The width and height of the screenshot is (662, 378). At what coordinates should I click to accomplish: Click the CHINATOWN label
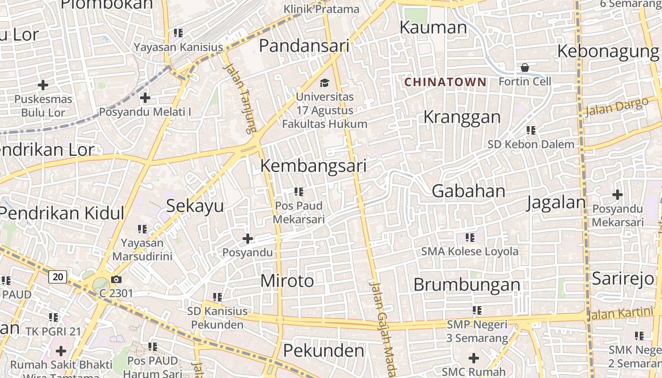445,82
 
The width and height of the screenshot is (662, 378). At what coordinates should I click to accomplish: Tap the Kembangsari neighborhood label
314,166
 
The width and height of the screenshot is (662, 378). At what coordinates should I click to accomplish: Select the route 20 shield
58,277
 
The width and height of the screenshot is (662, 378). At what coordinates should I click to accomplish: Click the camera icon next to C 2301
116,280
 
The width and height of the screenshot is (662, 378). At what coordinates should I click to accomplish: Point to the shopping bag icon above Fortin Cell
524,68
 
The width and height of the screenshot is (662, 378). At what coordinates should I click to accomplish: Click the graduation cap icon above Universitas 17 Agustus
324,83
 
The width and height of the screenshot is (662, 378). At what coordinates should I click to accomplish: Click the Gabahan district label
469,191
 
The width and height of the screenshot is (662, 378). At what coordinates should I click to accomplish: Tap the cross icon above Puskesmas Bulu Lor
43,85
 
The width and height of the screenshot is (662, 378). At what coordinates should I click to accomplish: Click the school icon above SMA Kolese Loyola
470,237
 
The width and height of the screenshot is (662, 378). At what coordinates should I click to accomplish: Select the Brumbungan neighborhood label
467,285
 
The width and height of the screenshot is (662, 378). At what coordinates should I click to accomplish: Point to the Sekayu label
195,206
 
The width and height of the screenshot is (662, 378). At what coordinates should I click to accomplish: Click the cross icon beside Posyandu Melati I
145,98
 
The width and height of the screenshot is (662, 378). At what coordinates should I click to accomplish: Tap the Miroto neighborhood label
287,281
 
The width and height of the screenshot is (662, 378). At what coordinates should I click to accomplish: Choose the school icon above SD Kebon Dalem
531,130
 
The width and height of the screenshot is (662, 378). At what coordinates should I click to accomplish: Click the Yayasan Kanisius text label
178,47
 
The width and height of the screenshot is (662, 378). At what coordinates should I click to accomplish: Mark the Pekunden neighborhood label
324,351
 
